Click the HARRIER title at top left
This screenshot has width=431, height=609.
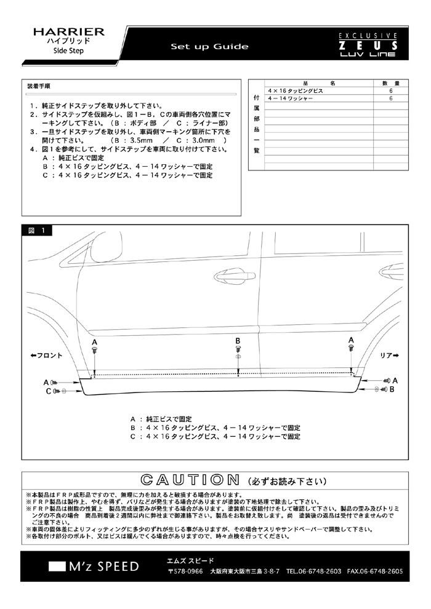click(69, 32)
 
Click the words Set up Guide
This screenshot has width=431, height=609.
click(209, 47)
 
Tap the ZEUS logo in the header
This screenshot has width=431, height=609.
click(368, 46)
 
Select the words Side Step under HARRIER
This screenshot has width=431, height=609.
click(68, 50)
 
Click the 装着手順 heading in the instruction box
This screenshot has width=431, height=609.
click(38, 86)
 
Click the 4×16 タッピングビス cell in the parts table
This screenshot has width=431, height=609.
click(296, 91)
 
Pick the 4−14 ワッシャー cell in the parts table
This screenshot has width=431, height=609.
click(291, 98)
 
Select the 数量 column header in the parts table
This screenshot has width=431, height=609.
click(390, 83)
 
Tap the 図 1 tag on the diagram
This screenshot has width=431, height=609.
click(36, 230)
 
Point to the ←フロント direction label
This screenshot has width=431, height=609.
click(46, 356)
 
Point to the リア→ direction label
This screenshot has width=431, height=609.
click(389, 356)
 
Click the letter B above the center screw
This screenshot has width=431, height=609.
click(238, 341)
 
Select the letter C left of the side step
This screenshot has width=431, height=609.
click(49, 391)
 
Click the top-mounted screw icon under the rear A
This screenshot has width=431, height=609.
click(351, 348)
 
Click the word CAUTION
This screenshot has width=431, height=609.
click(190, 480)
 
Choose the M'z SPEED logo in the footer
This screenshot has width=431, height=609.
click(94, 567)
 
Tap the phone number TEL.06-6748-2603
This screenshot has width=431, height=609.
click(313, 571)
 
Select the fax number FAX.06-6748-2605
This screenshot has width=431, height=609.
click(375, 571)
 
